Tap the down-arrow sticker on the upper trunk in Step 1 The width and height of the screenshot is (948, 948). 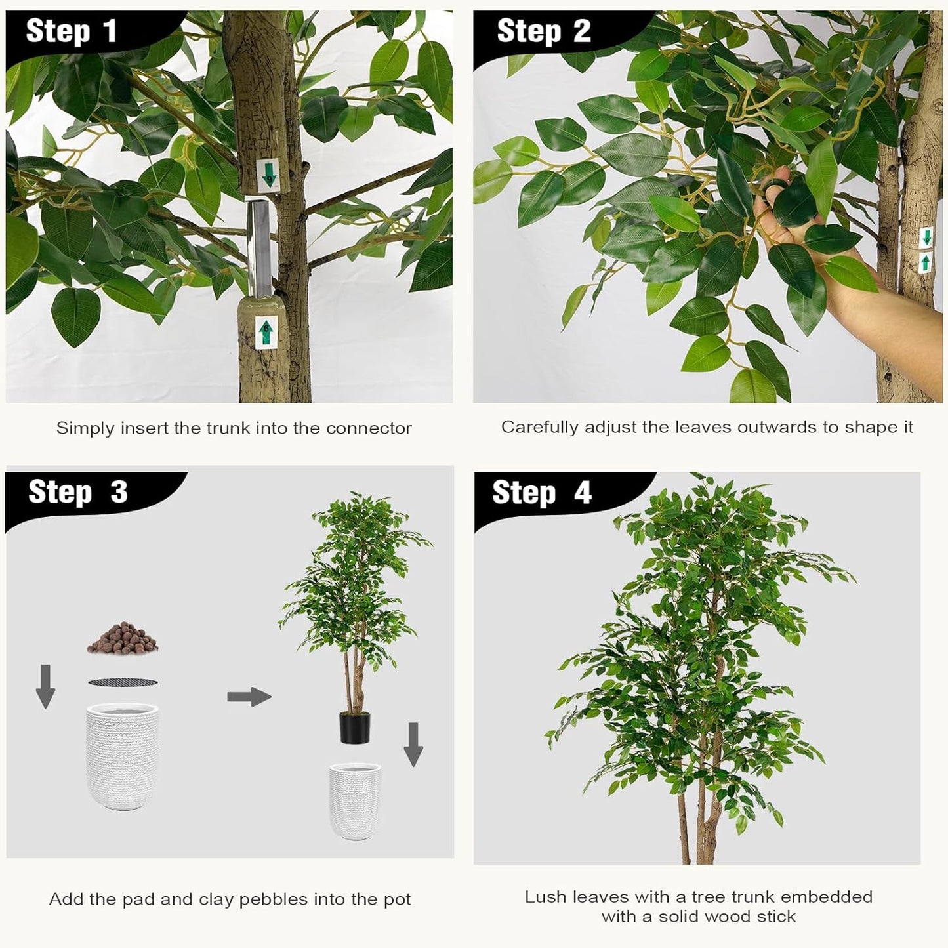pyautogui.click(x=268, y=175)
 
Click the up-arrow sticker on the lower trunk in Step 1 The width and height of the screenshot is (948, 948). pyautogui.click(x=265, y=333)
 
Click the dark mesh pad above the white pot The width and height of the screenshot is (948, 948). pyautogui.click(x=123, y=682)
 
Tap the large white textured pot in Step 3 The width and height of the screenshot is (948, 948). pyautogui.click(x=123, y=756)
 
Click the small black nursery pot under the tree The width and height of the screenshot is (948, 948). pyautogui.click(x=354, y=728)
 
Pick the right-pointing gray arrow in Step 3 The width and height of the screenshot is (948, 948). pyautogui.click(x=249, y=697)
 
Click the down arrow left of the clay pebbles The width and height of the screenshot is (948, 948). pyautogui.click(x=45, y=686)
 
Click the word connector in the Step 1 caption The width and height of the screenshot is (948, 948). pyautogui.click(x=369, y=428)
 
